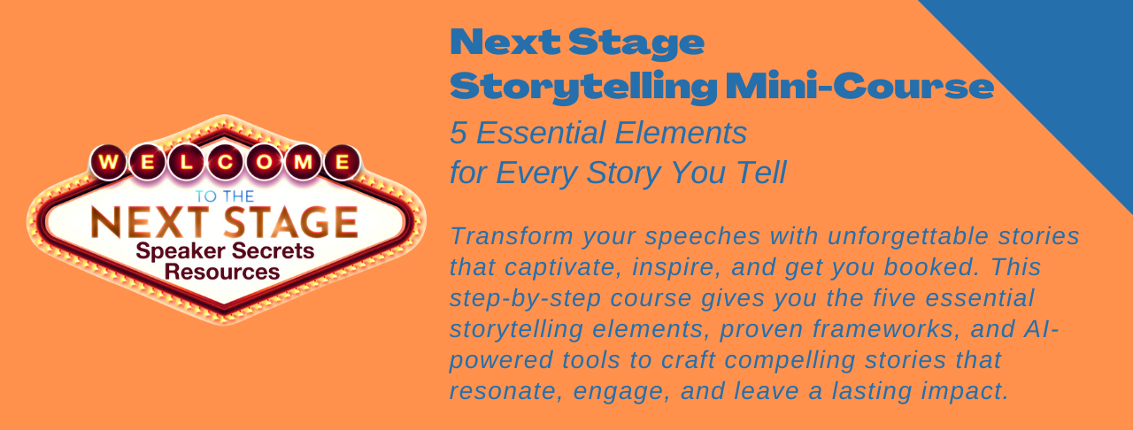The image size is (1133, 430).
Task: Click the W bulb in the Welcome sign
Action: [108, 163]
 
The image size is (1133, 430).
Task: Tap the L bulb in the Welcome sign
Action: [186, 163]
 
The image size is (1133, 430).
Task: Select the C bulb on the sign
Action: [225, 163]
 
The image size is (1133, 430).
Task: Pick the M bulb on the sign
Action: [303, 163]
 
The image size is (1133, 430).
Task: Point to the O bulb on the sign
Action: [264, 163]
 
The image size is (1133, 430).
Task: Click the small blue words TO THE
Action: [225, 196]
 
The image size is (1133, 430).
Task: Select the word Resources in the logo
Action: [222, 273]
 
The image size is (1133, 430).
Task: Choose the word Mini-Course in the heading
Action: [859, 86]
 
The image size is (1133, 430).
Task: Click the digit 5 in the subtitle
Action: [459, 133]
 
